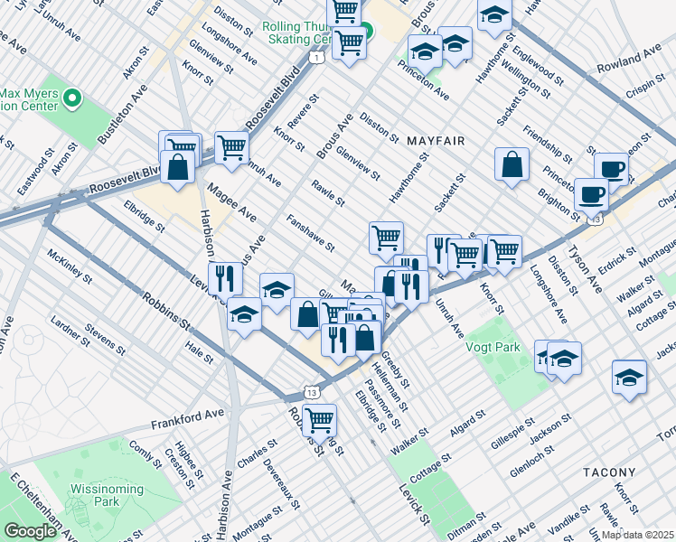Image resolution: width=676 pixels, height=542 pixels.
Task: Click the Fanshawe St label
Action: click(x=310, y=233)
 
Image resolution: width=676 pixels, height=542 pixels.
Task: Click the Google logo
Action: click(x=30, y=530)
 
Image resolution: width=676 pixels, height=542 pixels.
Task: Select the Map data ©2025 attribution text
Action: click(x=636, y=535)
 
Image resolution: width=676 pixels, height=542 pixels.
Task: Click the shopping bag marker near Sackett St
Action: click(x=512, y=165)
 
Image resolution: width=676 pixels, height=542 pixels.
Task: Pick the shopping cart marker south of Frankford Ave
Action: click(x=319, y=419)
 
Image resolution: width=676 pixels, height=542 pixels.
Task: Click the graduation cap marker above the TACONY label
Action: click(x=629, y=378)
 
